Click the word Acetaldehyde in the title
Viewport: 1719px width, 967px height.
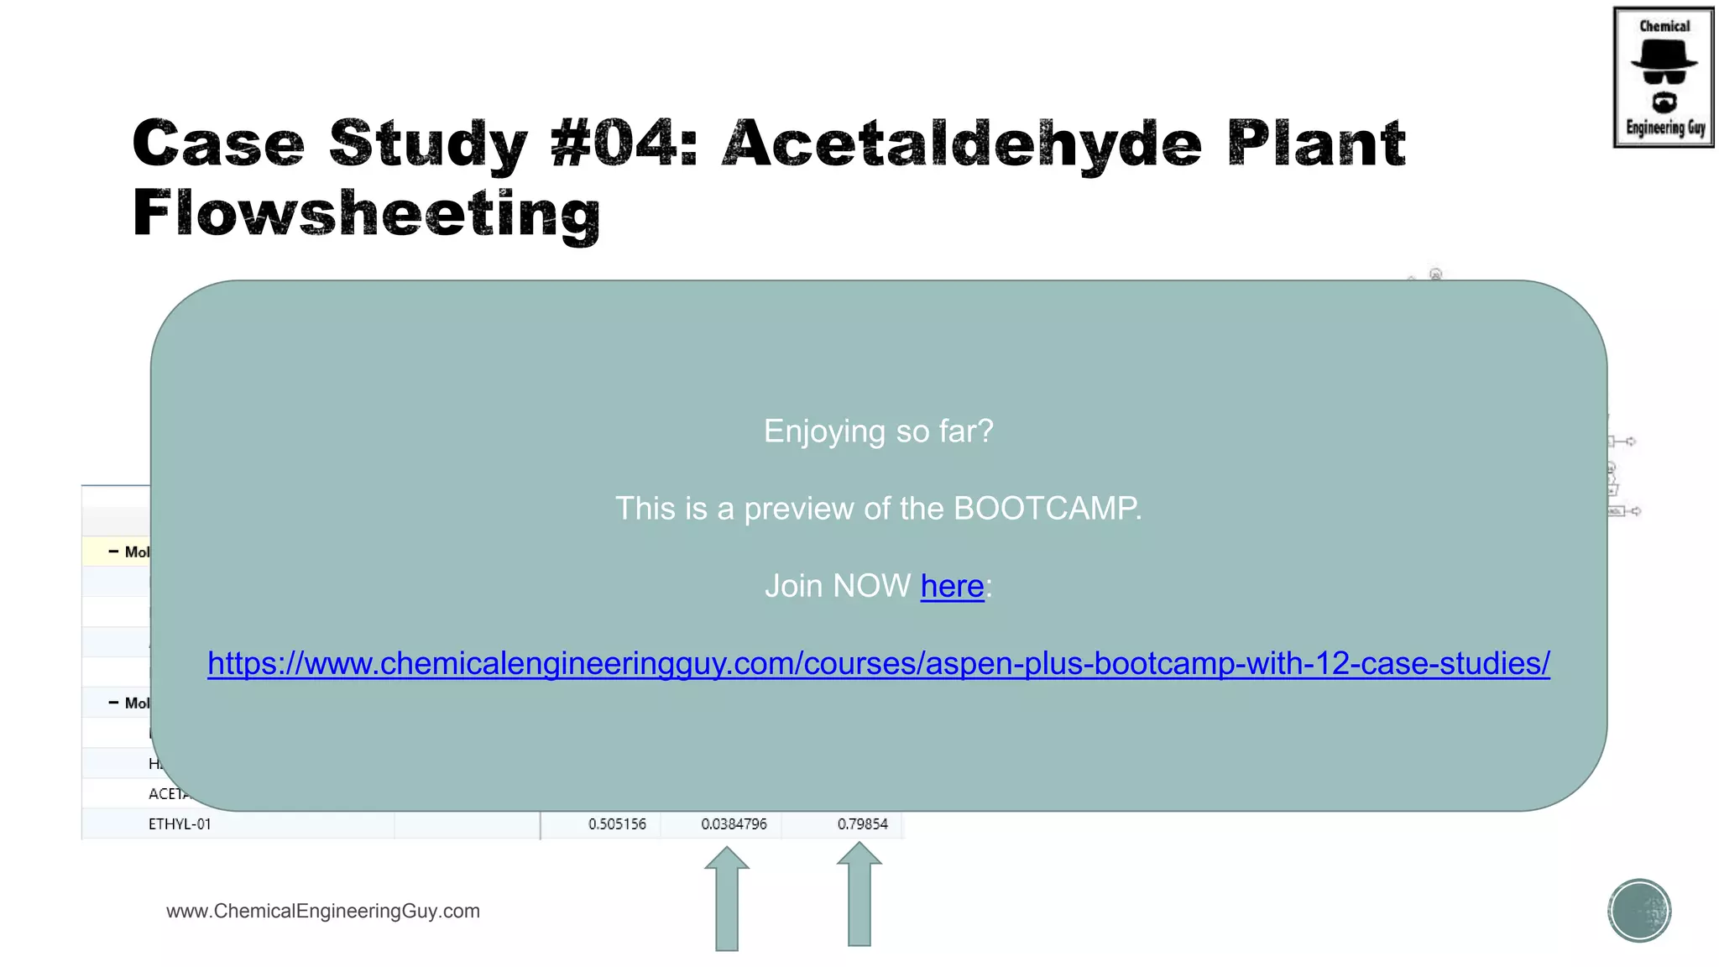click(x=962, y=144)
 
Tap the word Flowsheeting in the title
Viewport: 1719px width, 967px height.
click(x=366, y=214)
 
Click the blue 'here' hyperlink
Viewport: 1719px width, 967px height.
click(x=952, y=586)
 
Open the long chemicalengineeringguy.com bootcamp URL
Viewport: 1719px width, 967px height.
click(x=878, y=663)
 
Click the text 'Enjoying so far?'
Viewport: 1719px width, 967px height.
click(x=878, y=431)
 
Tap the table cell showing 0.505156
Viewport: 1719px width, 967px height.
click(x=617, y=824)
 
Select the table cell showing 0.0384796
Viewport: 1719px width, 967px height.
click(x=734, y=824)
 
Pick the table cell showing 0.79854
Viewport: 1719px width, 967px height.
click(x=862, y=824)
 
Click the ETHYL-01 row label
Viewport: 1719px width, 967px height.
click(x=180, y=824)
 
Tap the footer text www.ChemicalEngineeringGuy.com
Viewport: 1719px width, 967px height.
click(x=323, y=912)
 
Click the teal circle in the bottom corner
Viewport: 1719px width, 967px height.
click(x=1639, y=911)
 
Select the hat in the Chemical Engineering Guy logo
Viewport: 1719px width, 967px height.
click(x=1664, y=55)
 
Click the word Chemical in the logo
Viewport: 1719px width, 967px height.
click(x=1664, y=26)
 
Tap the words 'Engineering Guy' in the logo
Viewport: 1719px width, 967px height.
click(x=1665, y=128)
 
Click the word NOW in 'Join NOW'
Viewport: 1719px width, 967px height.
click(x=873, y=586)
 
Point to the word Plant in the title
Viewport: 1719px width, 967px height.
click(x=1316, y=144)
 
